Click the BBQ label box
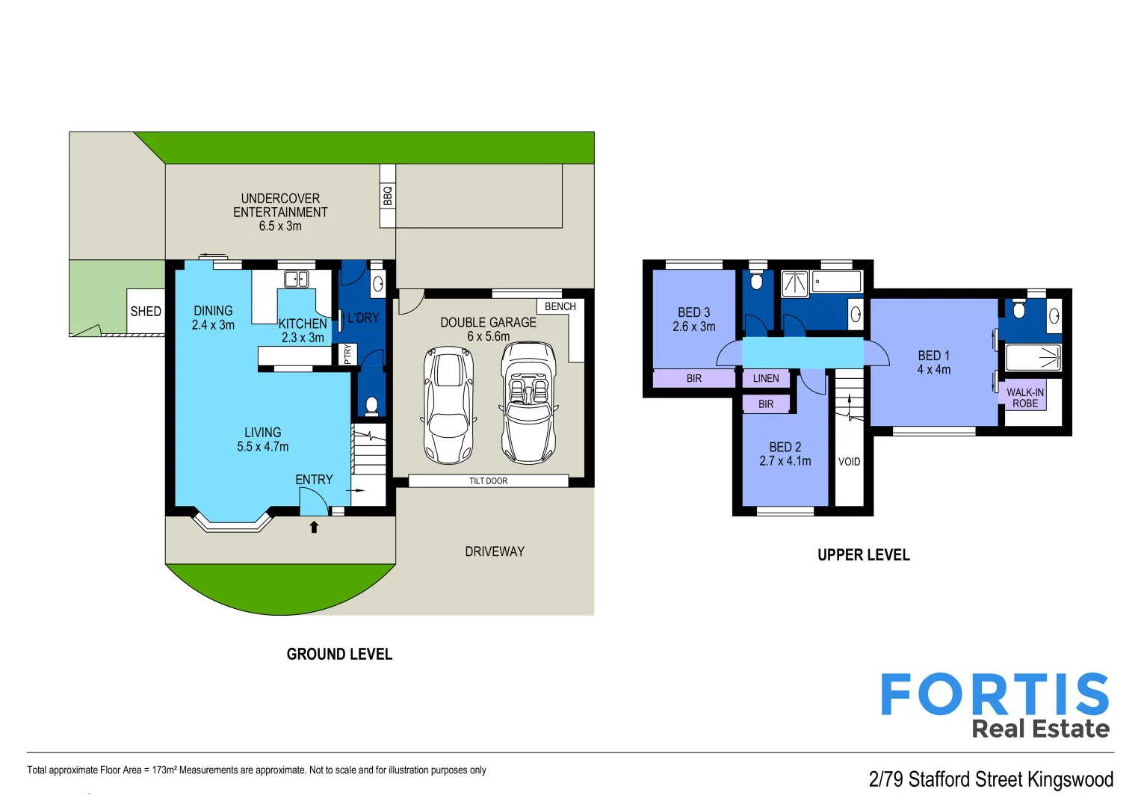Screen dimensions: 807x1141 (x=387, y=196)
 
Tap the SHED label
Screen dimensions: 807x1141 (x=146, y=312)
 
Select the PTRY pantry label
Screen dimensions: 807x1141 (x=347, y=354)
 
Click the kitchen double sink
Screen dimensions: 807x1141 (x=297, y=279)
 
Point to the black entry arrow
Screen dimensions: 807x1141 (x=314, y=527)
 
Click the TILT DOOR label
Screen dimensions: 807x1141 (x=488, y=481)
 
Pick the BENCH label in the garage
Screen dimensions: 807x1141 (x=560, y=306)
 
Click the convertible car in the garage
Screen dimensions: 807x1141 (x=528, y=403)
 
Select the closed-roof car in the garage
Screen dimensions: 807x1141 (x=448, y=404)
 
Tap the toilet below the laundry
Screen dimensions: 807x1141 (x=371, y=405)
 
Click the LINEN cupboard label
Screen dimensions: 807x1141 (x=765, y=379)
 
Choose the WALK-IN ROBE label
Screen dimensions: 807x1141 (x=1024, y=398)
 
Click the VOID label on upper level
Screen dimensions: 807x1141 (x=849, y=462)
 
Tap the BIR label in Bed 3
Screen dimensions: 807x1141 (x=693, y=379)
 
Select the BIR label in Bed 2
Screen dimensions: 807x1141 (x=766, y=404)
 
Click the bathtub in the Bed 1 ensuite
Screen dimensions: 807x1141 (x=1033, y=357)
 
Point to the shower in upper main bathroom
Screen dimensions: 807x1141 (x=794, y=283)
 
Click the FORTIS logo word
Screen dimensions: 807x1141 (x=995, y=695)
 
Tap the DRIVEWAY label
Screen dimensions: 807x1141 (x=494, y=551)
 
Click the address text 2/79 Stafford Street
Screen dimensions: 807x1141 (x=990, y=779)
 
